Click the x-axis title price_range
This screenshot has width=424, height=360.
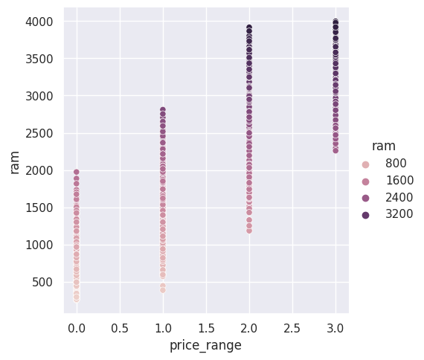205,346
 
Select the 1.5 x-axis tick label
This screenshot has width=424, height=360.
206,328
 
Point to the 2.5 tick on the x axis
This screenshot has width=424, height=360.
292,328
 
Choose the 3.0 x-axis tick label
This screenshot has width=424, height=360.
335,328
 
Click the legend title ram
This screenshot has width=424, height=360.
384,146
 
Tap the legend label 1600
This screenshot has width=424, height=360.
399,180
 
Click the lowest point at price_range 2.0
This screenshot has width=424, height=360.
249,231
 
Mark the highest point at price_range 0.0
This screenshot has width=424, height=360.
77,173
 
